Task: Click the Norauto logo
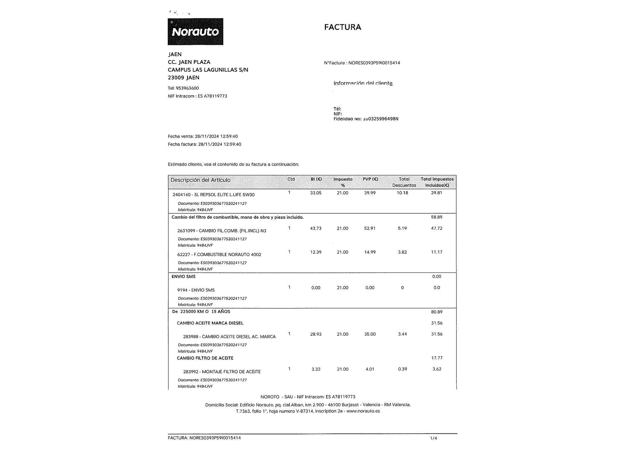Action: click(x=195, y=31)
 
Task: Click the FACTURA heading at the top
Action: click(x=342, y=27)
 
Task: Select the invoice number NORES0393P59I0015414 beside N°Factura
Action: click(x=374, y=63)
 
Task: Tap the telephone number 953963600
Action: click(x=187, y=88)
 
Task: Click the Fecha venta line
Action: click(x=202, y=136)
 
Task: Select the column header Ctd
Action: click(x=291, y=179)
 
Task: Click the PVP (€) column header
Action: click(x=370, y=179)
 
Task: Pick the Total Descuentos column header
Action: click(x=404, y=182)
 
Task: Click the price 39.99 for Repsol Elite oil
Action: click(x=370, y=193)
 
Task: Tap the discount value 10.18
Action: click(x=402, y=193)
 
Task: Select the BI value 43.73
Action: click(x=316, y=229)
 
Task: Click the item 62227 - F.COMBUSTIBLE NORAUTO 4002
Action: click(x=219, y=255)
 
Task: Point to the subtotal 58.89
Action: click(x=436, y=217)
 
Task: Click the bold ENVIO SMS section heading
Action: click(x=183, y=276)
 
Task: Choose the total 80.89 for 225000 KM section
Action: click(x=436, y=312)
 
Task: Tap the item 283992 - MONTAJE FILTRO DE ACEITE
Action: click(x=221, y=372)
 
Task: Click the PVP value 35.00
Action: click(x=370, y=334)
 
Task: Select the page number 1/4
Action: click(x=433, y=438)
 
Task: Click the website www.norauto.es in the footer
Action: click(x=363, y=411)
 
